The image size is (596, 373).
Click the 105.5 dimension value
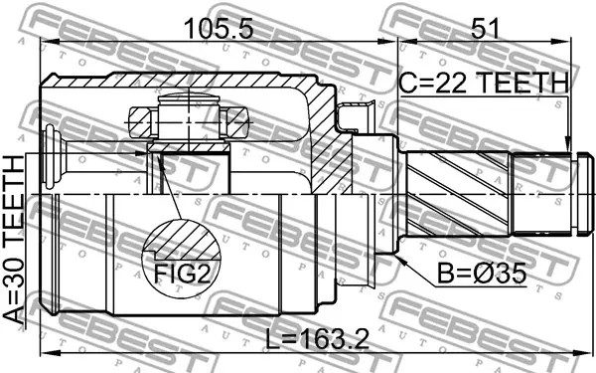tap(219, 28)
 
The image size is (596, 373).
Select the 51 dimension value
tap(485, 28)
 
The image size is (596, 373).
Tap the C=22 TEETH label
tap(485, 83)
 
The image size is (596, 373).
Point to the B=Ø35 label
tap(482, 274)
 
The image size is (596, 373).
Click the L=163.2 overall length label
tap(318, 339)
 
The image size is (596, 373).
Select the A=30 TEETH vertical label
tap(14, 240)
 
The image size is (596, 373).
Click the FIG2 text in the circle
tap(182, 273)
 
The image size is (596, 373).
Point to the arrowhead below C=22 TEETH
tap(567, 145)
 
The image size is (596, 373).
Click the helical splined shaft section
tap(458, 193)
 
